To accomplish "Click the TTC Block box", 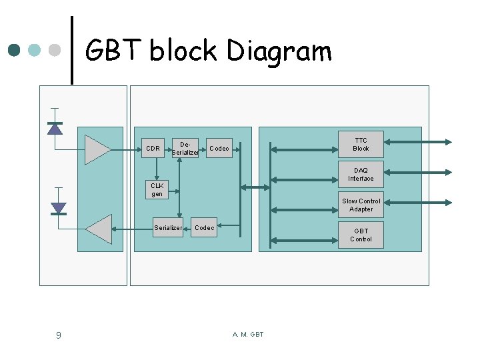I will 361,145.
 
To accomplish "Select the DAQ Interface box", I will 361,175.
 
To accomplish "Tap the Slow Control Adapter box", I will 361,205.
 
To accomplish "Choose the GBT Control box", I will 361,235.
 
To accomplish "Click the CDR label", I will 153,149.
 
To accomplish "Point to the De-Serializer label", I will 185,149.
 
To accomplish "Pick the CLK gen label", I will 157,190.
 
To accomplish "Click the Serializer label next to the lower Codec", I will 168,228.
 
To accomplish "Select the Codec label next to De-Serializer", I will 219,149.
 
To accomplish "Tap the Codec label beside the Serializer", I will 205,228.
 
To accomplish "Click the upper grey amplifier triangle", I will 97,149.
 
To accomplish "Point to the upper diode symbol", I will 55,128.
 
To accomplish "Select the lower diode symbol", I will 59,208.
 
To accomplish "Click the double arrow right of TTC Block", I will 419,141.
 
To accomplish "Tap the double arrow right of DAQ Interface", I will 419,171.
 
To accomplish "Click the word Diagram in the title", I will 279,51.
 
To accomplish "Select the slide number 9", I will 58,335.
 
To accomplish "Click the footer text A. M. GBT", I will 248,334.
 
